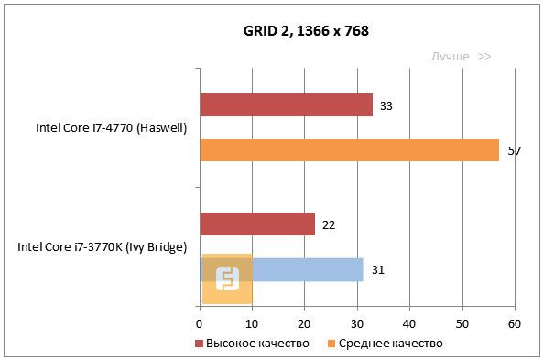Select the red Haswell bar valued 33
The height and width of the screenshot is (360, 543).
(x=286, y=105)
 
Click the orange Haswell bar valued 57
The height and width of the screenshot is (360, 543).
(x=349, y=150)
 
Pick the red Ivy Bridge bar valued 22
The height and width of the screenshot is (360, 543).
(x=256, y=224)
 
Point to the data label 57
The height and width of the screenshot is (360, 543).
(x=514, y=150)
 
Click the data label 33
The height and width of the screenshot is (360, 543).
(x=386, y=106)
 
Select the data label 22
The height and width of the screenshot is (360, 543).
(x=329, y=224)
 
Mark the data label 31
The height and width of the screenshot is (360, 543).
(x=377, y=270)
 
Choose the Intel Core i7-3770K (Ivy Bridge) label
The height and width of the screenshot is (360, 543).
(x=103, y=247)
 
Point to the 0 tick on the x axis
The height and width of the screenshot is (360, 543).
(x=200, y=323)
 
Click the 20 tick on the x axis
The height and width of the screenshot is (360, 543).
(x=305, y=323)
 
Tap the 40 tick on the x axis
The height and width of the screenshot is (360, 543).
(x=409, y=323)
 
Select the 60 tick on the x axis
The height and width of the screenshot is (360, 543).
(x=515, y=323)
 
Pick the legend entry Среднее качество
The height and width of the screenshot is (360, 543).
(x=390, y=344)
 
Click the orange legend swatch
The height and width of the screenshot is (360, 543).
(x=331, y=344)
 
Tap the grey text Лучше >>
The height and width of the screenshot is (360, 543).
(x=462, y=57)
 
